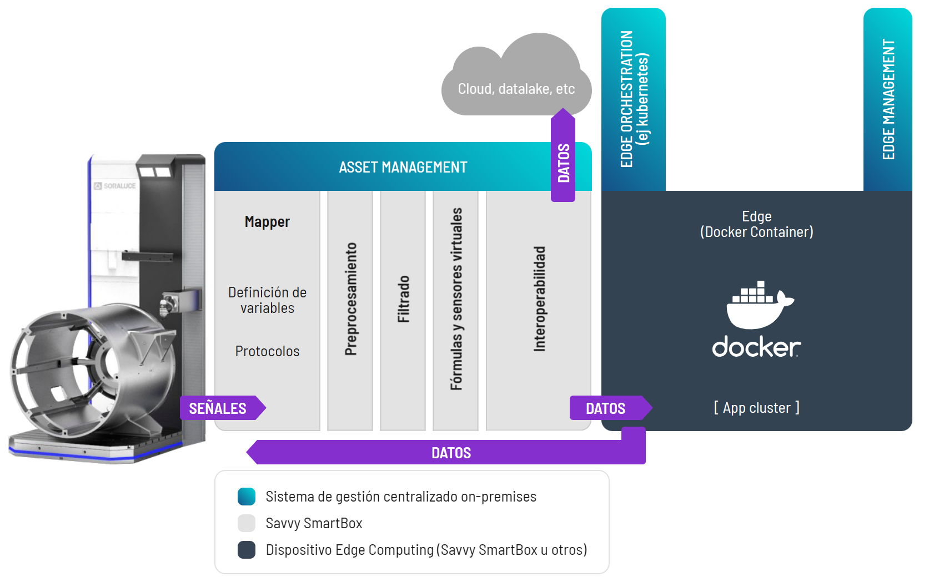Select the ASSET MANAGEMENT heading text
tap(403, 167)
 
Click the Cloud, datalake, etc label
tap(516, 89)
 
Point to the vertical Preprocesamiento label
tap(350, 299)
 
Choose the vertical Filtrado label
tap(404, 299)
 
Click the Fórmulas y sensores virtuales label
tap(456, 299)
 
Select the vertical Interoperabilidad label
tap(539, 299)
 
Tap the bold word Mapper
tap(267, 222)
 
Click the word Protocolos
tap(267, 351)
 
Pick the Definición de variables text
tap(267, 300)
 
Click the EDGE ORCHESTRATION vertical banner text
tap(634, 99)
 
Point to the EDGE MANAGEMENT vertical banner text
tap(888, 99)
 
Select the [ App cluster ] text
tap(756, 408)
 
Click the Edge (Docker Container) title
tap(756, 224)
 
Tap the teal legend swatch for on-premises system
tap(247, 497)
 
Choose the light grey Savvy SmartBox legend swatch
tap(247, 523)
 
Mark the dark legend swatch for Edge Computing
tap(247, 550)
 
